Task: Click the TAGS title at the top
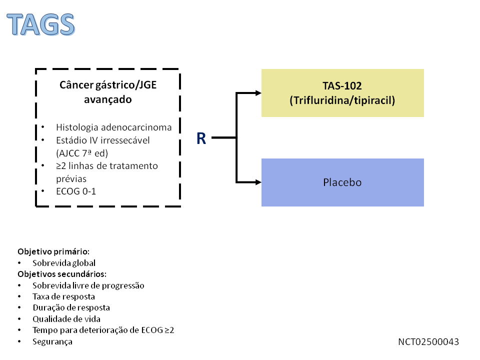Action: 41,23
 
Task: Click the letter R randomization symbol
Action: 201,138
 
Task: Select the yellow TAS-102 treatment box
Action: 342,93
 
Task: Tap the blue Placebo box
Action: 342,182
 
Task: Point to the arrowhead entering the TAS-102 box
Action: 258,93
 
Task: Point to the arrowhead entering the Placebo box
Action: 258,182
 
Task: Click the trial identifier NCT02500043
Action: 428,342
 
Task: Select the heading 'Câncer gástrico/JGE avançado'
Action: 108,92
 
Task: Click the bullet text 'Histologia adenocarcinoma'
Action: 113,127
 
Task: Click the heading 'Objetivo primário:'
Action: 53,251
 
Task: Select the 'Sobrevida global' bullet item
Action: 64,262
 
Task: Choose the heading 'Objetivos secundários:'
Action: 62,274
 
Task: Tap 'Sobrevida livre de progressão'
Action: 88,285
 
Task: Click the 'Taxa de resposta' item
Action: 63,296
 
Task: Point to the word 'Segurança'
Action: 52,341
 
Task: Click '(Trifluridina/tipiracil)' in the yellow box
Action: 342,100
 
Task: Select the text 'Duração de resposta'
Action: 71,308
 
